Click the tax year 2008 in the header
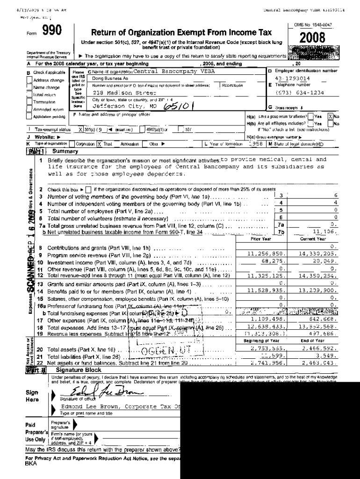pos(312,38)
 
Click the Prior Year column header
pos(261,239)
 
